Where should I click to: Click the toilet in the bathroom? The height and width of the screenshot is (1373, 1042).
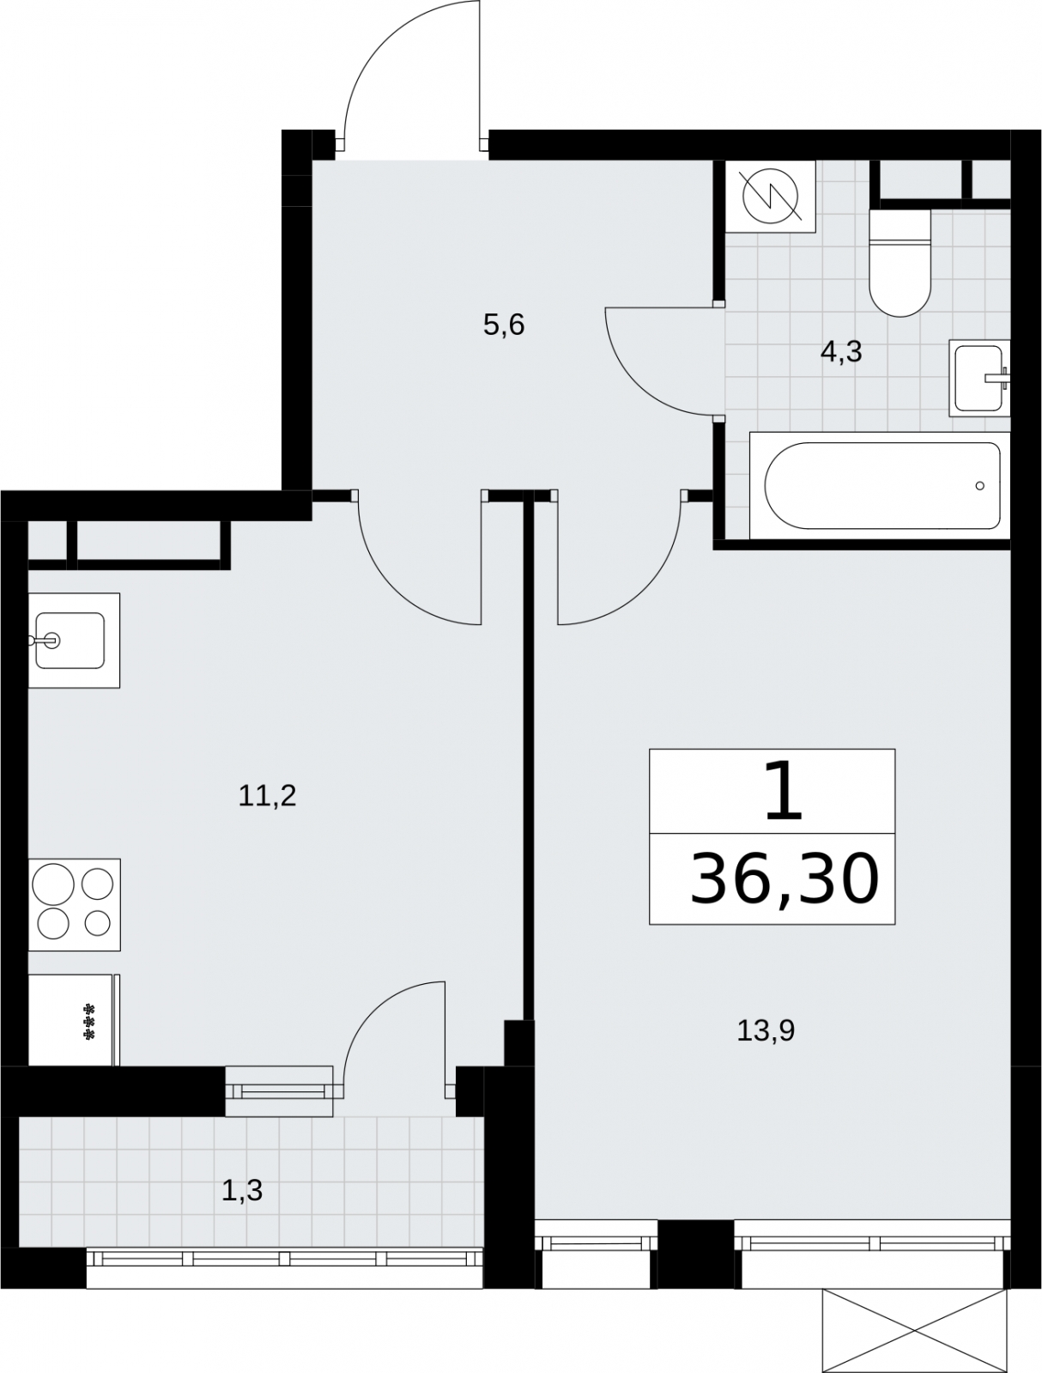click(900, 262)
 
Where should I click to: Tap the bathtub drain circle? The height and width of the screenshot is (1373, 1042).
click(979, 486)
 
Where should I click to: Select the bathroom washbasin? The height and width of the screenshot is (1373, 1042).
click(979, 378)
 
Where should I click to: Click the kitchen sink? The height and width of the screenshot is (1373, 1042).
click(74, 640)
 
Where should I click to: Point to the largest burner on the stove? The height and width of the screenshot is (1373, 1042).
click(53, 884)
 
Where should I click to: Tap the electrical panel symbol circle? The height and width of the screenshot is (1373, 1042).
click(771, 197)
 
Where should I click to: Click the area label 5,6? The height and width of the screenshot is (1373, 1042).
click(503, 325)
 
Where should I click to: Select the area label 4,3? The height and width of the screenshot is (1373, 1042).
click(841, 352)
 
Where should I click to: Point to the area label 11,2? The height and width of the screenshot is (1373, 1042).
click(267, 796)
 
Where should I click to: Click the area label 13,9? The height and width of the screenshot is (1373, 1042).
click(766, 1030)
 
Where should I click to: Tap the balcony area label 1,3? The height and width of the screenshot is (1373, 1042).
click(242, 1190)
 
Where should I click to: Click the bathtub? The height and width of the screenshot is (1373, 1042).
click(880, 485)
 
